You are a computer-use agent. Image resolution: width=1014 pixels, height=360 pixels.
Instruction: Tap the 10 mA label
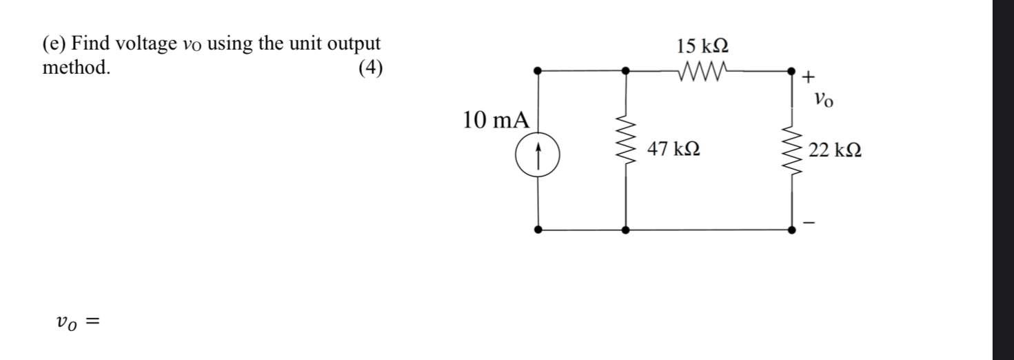[x=496, y=121]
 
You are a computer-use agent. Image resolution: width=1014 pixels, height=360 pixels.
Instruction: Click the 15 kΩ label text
[x=702, y=47]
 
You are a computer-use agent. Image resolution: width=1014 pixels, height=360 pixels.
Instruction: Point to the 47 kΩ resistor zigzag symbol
[x=625, y=150]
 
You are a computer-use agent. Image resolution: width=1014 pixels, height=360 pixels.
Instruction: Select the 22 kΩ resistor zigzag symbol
[x=791, y=150]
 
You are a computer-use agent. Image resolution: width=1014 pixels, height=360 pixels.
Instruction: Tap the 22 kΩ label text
[x=835, y=150]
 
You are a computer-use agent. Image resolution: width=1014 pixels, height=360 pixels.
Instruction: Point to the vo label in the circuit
[x=822, y=101]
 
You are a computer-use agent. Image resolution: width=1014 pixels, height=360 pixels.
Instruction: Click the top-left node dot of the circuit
[x=538, y=70]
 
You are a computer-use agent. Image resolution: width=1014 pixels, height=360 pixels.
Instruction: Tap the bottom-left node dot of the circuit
[x=538, y=229]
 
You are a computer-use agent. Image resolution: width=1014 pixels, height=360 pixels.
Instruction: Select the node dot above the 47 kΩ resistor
[x=625, y=70]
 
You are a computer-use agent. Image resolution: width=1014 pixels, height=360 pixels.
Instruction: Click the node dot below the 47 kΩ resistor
[x=625, y=229]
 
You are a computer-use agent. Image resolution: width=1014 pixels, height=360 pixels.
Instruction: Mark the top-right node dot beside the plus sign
[x=791, y=70]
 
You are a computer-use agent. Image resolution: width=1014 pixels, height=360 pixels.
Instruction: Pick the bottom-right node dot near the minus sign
[x=791, y=229]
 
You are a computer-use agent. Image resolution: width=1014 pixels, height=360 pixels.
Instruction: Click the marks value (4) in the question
[x=370, y=69]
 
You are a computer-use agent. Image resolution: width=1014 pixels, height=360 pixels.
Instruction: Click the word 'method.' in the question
[x=76, y=69]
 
